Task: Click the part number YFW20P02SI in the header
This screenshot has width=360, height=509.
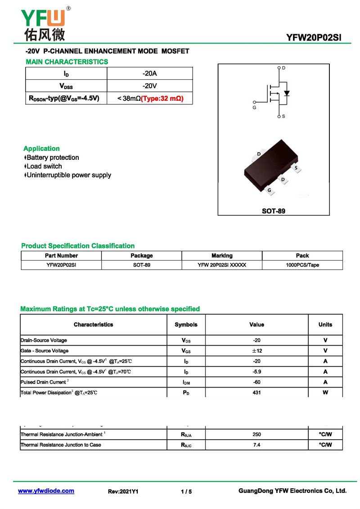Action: (313, 37)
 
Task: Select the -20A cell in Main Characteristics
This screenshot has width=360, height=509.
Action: (149, 73)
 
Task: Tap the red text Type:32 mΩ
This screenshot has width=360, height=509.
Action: (162, 98)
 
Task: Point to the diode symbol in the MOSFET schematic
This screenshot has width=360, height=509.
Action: (287, 94)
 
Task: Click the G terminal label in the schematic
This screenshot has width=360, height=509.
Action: (254, 108)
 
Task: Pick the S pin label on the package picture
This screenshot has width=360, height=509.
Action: (296, 168)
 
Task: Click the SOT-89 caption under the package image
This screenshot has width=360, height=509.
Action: (274, 211)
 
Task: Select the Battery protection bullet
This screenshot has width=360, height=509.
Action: (53, 158)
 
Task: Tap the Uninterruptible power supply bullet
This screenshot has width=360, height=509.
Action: (68, 175)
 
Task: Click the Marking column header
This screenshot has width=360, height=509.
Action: (222, 256)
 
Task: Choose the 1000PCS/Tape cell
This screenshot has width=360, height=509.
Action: (302, 265)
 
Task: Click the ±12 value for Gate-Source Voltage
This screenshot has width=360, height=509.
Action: (256, 351)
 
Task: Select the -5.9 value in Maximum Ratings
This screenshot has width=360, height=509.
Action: (256, 372)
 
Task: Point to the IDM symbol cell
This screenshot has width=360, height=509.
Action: (186, 383)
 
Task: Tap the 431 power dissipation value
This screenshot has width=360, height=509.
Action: (256, 392)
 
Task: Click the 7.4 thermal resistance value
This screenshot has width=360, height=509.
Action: (256, 445)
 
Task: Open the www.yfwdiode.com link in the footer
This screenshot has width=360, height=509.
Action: (46, 491)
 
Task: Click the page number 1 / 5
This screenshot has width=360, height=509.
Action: (186, 491)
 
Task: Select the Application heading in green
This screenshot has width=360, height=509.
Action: (41, 149)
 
